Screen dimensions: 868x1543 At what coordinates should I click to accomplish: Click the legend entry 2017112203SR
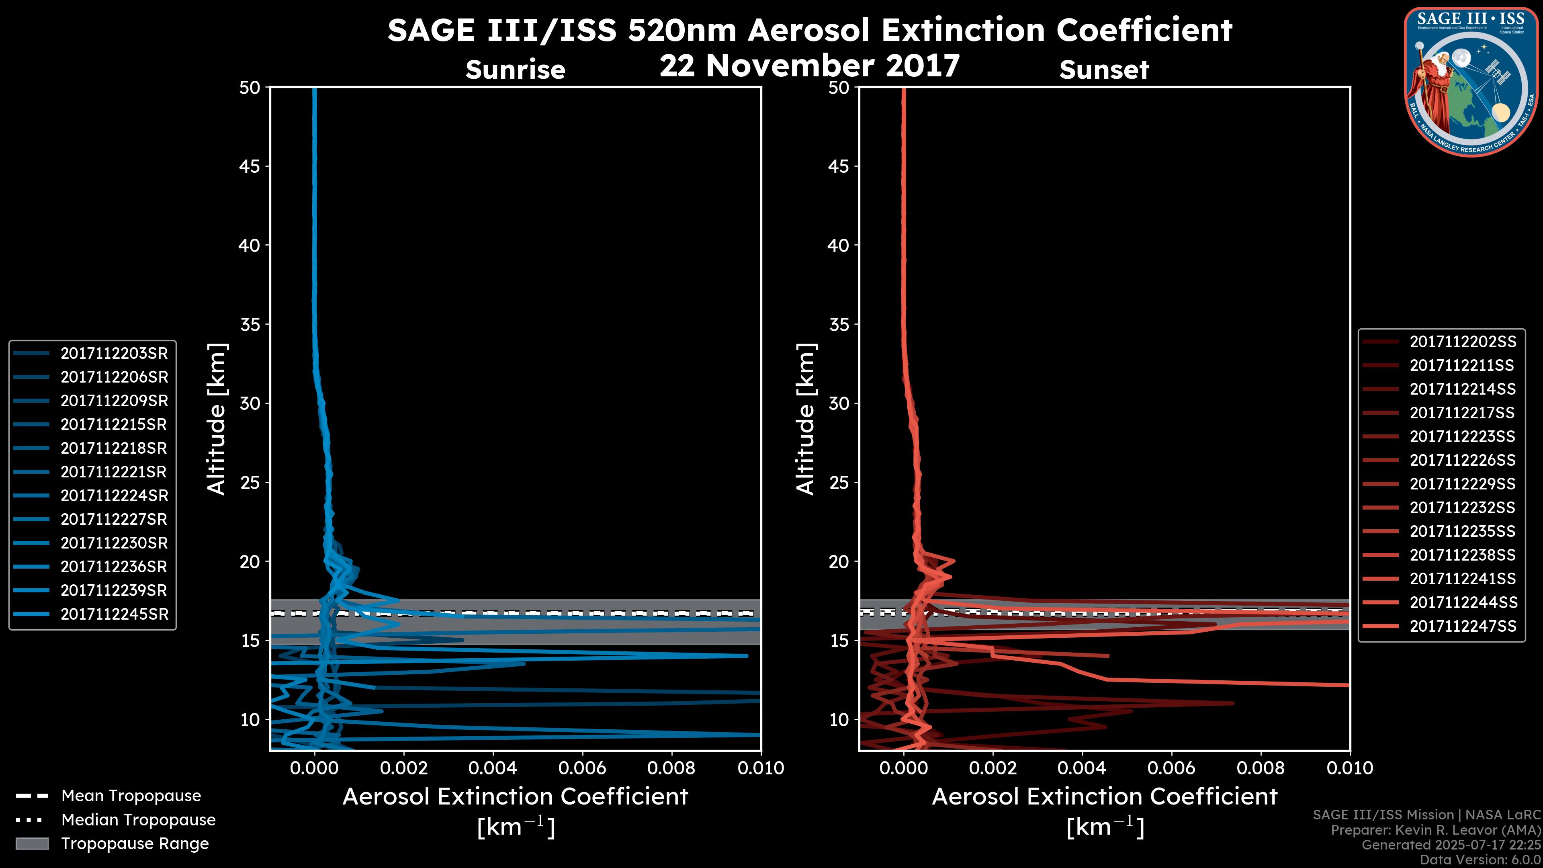114,354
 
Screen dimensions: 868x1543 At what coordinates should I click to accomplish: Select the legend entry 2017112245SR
114,614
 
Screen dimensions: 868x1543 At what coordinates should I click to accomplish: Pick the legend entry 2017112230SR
114,543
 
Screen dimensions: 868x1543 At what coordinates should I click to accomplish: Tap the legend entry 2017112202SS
1462,342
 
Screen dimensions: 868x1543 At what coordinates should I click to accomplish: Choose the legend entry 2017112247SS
1462,626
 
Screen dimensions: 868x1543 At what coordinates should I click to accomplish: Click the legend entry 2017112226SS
1462,460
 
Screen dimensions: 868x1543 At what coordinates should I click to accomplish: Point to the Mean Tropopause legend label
131,796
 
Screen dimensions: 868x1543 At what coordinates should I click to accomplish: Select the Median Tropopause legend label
138,819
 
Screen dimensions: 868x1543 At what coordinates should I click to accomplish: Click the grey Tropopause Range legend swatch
32,843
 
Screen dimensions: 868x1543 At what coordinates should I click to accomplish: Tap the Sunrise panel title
515,70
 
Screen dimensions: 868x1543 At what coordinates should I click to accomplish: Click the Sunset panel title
1104,70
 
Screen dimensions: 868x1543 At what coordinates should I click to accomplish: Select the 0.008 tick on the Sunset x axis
1261,768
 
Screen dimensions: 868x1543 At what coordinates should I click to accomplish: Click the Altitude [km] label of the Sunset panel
806,419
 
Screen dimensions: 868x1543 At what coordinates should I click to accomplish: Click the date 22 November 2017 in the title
809,66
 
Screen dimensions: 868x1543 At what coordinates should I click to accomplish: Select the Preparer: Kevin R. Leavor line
1435,830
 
